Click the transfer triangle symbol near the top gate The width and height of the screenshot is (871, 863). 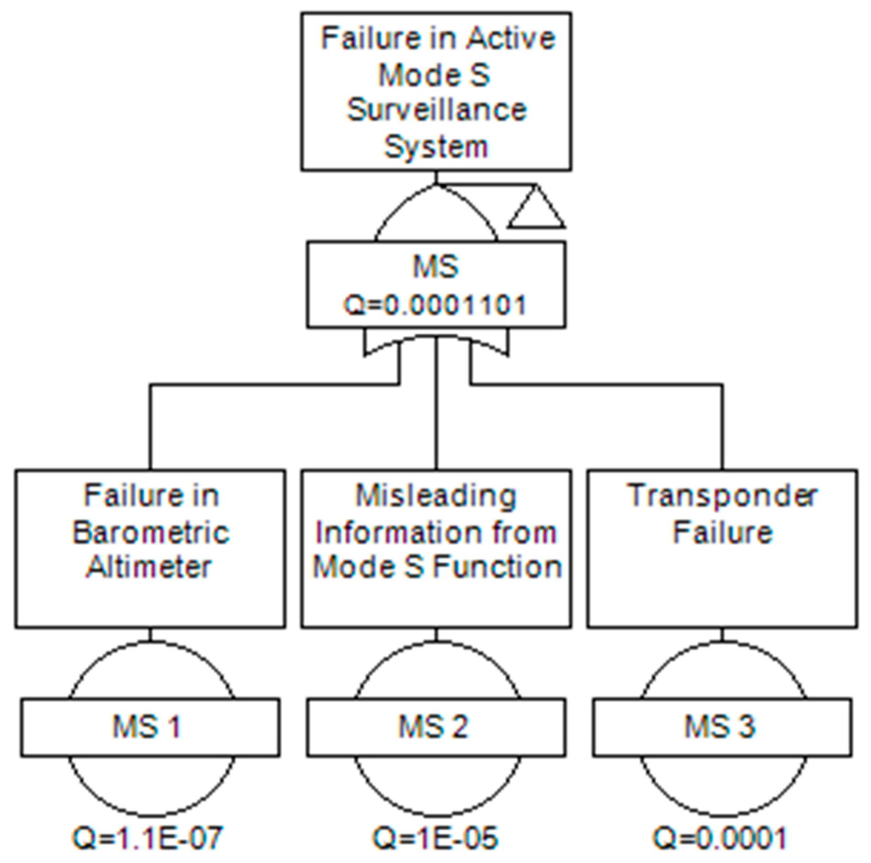[x=537, y=208]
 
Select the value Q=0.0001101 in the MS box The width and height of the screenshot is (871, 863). [x=435, y=305]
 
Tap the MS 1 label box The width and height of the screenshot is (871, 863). [x=150, y=727]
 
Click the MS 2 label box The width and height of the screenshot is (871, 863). [x=435, y=727]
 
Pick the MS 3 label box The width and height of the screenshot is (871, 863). [x=722, y=727]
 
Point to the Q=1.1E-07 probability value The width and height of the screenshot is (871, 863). [x=148, y=838]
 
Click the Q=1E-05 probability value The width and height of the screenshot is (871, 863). [x=435, y=838]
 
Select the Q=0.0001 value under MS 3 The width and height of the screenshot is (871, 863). [x=720, y=838]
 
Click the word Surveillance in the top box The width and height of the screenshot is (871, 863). [x=436, y=111]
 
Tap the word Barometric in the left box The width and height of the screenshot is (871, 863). [x=151, y=533]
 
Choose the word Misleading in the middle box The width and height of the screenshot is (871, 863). [x=436, y=496]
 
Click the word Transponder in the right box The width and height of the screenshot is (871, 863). [x=722, y=496]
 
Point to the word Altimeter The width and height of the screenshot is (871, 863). [x=150, y=568]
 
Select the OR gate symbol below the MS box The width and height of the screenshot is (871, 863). [x=435, y=345]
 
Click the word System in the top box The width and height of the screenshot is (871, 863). [x=436, y=147]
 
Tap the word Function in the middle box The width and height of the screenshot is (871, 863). [x=498, y=568]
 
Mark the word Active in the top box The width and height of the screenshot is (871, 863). [x=511, y=38]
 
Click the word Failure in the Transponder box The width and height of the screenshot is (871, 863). [x=722, y=533]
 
